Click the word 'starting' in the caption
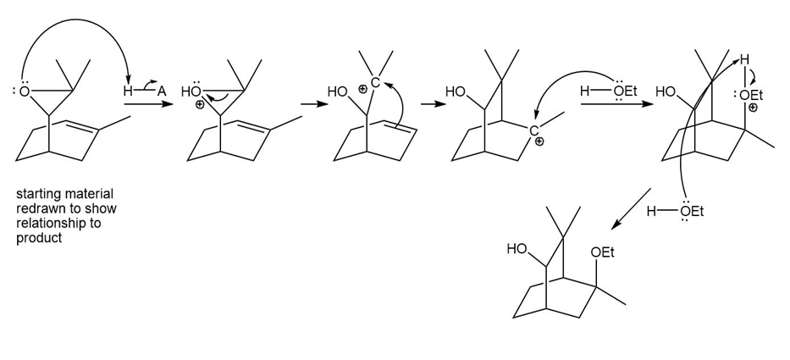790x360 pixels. pyautogui.click(x=35, y=195)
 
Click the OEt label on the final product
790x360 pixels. pyautogui.click(x=602, y=253)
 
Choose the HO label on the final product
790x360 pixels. pyautogui.click(x=517, y=249)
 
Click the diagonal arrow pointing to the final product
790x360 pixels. pyautogui.click(x=630, y=210)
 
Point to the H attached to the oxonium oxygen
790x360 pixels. pyautogui.click(x=744, y=60)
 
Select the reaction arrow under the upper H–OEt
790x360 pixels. pyautogui.click(x=610, y=105)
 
